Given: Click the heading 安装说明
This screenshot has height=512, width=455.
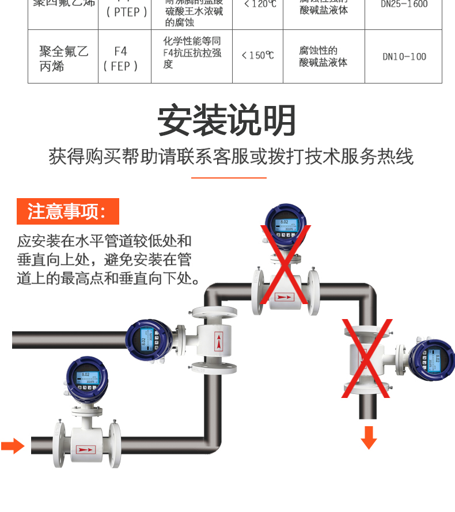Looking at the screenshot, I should (x=227, y=120).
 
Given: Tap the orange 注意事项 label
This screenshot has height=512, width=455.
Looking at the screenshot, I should (x=68, y=211).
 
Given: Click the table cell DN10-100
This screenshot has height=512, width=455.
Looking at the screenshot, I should (x=404, y=56).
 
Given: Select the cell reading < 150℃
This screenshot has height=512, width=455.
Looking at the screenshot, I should (x=257, y=55).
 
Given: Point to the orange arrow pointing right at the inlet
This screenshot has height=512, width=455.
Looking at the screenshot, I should (x=13, y=446).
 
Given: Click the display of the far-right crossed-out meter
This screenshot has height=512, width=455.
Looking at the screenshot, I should (x=435, y=362).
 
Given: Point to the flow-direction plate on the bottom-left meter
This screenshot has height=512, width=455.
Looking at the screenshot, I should (x=86, y=449).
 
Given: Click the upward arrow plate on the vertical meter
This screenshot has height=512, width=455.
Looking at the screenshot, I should (x=218, y=342).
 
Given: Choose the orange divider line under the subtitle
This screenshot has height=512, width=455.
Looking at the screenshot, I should (x=228, y=178).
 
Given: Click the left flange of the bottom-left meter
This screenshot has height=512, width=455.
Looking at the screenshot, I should (x=59, y=443).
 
